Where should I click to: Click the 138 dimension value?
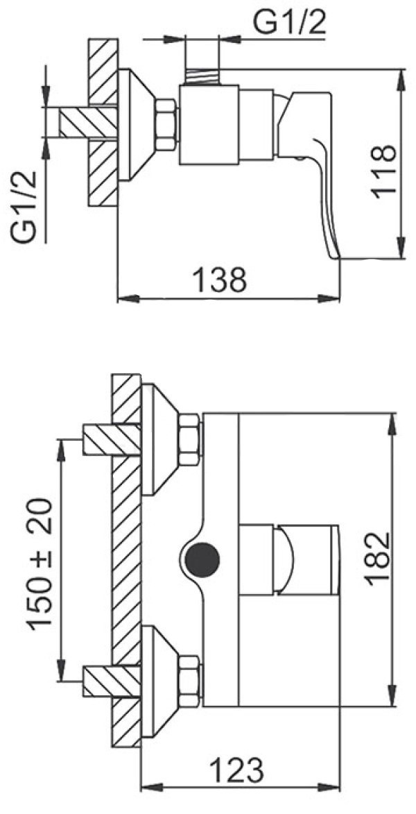coord(219,280)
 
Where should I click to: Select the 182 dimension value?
coord(377,559)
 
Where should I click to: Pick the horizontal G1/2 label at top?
coord(289,23)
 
